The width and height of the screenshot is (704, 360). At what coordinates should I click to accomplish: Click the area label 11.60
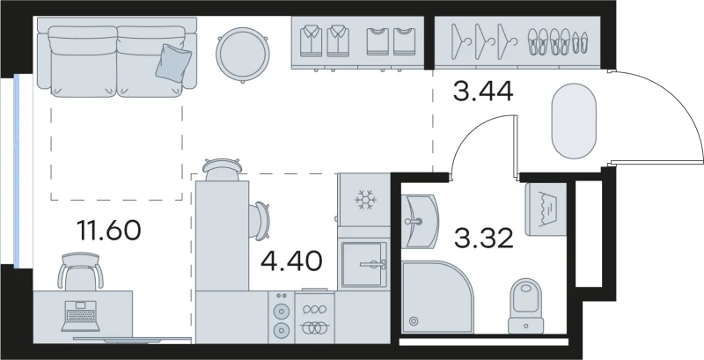pos(108,230)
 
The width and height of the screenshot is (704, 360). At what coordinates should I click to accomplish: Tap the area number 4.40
pos(291,261)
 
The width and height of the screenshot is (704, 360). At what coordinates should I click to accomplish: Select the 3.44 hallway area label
pos(482,92)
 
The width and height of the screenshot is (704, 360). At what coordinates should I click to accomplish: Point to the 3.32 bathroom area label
pos(483,239)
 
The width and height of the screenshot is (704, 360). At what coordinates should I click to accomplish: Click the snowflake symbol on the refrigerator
pos(365,200)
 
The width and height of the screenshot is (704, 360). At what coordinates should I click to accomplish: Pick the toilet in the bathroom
pos(525,305)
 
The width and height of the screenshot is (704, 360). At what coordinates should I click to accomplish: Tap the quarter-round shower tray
pos(436,298)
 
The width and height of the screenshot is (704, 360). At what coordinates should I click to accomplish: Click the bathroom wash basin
pos(420,221)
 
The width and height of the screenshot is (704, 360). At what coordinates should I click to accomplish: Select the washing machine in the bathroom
pos(545,209)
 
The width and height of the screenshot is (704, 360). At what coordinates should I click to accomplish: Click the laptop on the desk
pos(80,316)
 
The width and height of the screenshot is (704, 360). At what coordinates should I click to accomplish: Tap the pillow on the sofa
pos(173,62)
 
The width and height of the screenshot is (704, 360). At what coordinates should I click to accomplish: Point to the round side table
pos(243,55)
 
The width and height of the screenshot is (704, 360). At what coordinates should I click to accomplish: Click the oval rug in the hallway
pos(575,121)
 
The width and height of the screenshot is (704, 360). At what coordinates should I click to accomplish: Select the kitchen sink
pos(364,264)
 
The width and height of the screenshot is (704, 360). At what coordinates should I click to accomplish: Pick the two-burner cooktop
pos(282,317)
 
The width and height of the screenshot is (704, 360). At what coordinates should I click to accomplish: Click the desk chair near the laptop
pos(80,271)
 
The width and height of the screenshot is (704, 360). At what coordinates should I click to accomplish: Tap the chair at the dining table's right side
pos(260,220)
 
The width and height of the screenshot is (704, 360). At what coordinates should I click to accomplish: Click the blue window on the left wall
pos(17,172)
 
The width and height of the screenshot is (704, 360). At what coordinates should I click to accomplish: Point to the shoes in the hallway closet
pos(557,42)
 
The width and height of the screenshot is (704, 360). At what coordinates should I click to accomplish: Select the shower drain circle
pos(414,321)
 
